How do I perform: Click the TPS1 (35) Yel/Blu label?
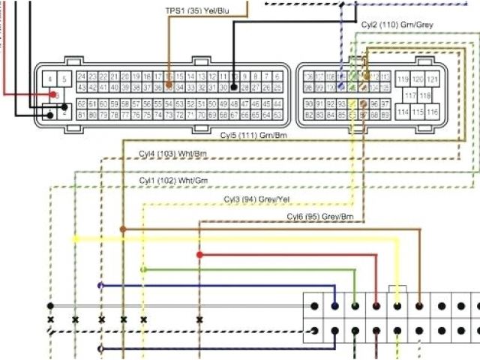tap(198, 12)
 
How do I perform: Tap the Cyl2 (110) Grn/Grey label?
tap(397, 25)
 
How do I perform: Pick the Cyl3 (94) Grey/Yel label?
tap(256, 199)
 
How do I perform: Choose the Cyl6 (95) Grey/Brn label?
tap(320, 217)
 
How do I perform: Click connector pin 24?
tap(81, 76)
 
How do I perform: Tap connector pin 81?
tap(81, 115)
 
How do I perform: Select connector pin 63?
tap(277, 115)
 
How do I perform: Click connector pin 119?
tap(403, 79)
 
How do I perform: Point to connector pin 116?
tap(433, 112)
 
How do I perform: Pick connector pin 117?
tap(410, 95)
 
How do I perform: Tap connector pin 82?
tap(309, 115)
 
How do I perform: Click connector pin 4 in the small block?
tap(49, 79)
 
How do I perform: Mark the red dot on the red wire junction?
tap(199, 255)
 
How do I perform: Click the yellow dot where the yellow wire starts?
tap(75, 238)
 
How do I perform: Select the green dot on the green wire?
tap(143, 269)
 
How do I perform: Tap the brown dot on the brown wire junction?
tap(123, 229)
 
